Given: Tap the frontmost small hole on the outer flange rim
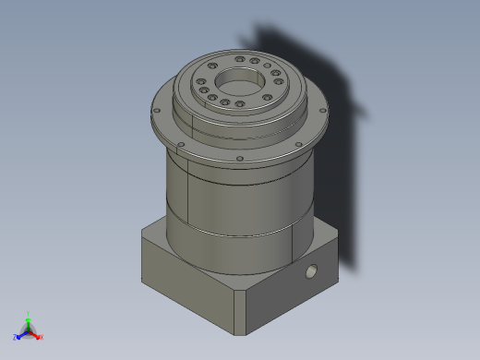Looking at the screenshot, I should pos(240,159).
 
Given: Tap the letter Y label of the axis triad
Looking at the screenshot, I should pos(30,312).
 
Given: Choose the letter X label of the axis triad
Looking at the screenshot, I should pos(42,337).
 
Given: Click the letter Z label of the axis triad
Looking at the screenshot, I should pos(16,337).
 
